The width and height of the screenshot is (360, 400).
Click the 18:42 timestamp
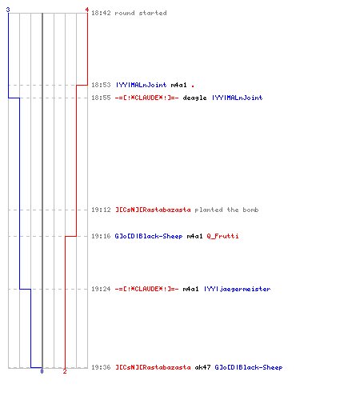101,13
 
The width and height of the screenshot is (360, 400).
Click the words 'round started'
141,13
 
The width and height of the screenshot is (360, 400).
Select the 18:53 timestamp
101,85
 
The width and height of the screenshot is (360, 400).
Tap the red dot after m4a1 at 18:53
193,86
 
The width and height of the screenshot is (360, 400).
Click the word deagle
194,98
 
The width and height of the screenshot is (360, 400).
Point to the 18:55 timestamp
101,98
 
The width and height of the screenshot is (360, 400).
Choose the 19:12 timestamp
101,210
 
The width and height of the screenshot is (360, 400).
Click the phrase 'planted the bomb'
226,210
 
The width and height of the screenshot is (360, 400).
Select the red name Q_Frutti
222,236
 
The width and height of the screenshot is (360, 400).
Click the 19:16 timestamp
101,236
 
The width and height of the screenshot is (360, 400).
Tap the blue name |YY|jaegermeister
238,289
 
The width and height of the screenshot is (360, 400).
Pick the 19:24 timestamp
101,289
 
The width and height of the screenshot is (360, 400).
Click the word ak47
202,367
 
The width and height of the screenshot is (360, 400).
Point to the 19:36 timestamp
101,367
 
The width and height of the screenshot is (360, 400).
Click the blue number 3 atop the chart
8,10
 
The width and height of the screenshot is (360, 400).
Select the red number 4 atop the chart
87,10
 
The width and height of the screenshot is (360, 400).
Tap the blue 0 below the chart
42,371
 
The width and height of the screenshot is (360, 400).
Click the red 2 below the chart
65,371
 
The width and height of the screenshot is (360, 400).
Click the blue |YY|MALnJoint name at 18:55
238,98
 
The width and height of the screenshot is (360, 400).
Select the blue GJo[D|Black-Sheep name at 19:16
149,236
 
